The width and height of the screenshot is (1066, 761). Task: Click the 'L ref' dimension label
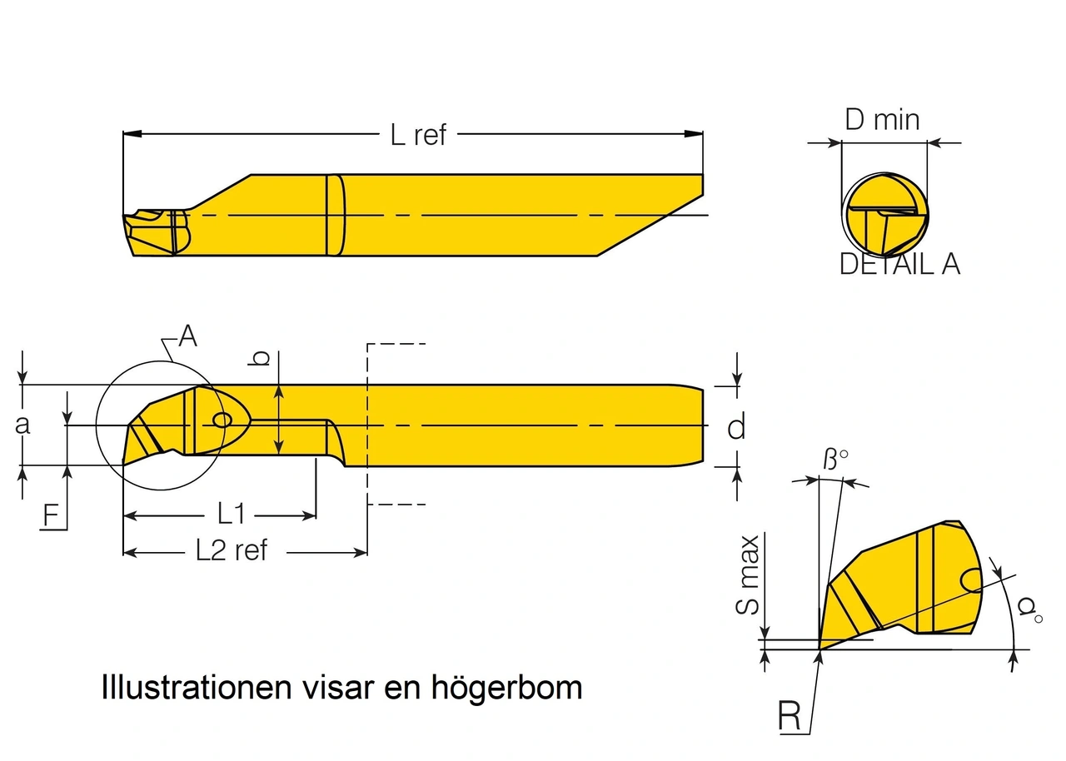[418, 134]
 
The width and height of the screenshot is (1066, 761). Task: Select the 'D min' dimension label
[882, 120]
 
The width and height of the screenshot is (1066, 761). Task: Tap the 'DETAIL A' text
[899, 264]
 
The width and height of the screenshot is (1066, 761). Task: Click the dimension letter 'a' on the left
[22, 424]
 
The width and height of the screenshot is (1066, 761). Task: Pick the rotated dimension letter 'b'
[261, 358]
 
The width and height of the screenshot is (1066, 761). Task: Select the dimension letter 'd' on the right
[736, 427]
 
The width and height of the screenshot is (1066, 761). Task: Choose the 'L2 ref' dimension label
[232, 550]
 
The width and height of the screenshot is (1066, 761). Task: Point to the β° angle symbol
[835, 459]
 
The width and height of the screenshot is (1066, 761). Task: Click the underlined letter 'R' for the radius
[790, 716]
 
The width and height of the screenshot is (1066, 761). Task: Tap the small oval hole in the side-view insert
[222, 420]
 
